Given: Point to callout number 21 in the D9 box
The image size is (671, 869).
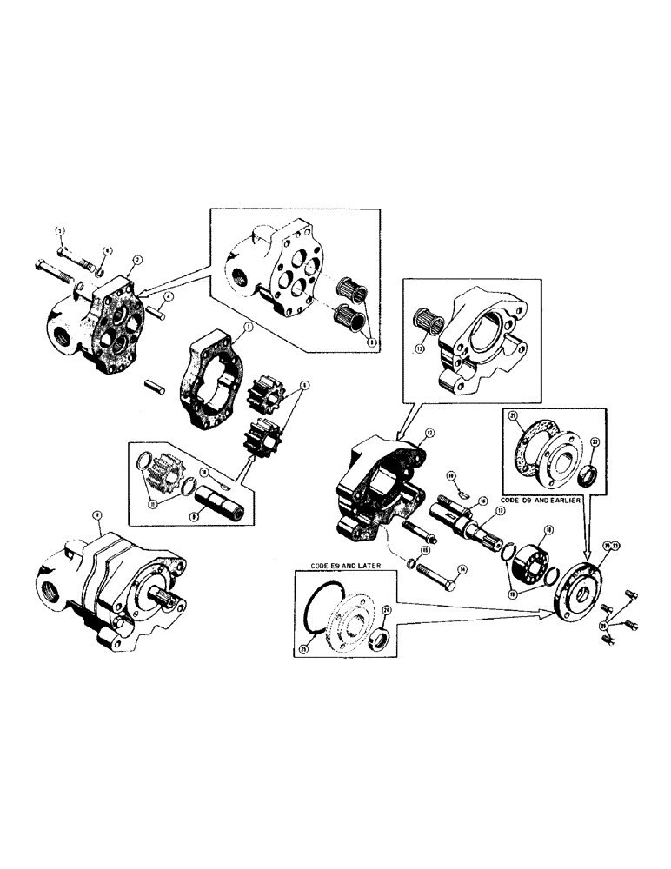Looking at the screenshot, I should [x=513, y=416].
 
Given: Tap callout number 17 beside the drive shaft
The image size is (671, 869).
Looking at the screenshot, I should [x=500, y=512].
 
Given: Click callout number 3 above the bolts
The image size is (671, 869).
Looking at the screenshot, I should [x=61, y=229].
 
